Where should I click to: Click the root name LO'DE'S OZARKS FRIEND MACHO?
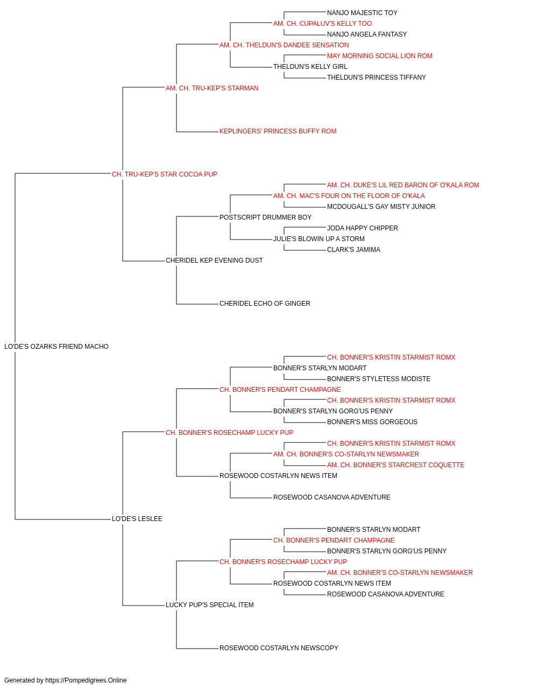(x=56, y=347)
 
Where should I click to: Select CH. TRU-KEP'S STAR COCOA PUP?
(x=165, y=174)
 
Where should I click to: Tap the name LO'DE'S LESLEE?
(x=137, y=519)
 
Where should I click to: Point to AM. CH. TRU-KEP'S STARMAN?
(x=212, y=88)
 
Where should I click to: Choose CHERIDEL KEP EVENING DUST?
(x=214, y=261)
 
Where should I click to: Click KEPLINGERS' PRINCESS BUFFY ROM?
(x=278, y=131)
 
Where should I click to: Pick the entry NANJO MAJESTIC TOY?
(x=362, y=13)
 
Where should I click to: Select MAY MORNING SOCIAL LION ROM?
(x=380, y=56)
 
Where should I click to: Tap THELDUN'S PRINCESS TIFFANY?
(x=377, y=78)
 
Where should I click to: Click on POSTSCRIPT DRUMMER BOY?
(x=266, y=217)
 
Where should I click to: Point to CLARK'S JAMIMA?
(x=353, y=250)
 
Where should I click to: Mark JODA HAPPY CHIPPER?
(x=363, y=228)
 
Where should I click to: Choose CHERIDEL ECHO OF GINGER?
(x=265, y=304)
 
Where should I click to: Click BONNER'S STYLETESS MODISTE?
(x=379, y=379)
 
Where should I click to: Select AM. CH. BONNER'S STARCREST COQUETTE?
(x=395, y=465)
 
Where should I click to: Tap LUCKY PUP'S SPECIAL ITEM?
(x=210, y=605)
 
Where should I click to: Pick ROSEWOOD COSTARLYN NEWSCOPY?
(x=279, y=648)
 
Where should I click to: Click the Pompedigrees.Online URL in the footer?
(x=86, y=680)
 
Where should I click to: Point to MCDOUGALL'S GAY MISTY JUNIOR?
(x=381, y=206)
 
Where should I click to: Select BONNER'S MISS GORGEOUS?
(x=372, y=421)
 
